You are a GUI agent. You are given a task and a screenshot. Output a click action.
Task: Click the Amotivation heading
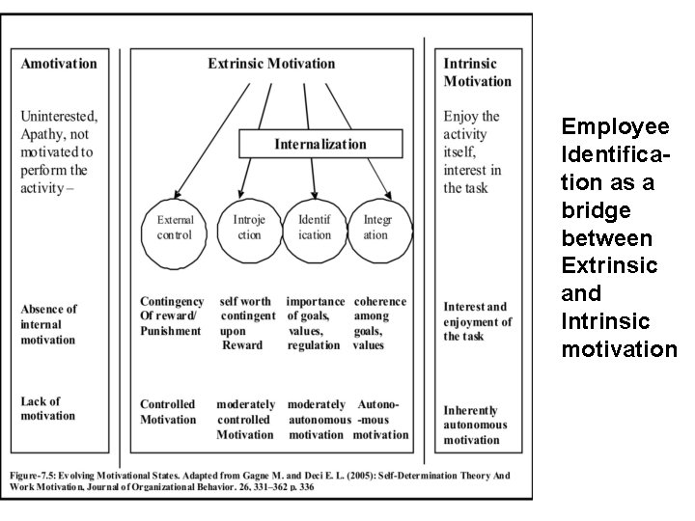coord(59,64)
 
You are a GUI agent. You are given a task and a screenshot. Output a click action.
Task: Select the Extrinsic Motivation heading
coord(271,64)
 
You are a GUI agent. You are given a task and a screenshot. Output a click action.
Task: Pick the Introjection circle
coord(248,227)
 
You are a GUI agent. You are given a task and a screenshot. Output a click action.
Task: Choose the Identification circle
coord(315,227)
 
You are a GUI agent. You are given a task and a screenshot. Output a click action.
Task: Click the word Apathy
coord(44,135)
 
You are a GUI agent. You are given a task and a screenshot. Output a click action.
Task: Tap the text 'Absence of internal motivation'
coord(48,324)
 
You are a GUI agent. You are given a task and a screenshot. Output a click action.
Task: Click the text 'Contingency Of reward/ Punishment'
coord(171,316)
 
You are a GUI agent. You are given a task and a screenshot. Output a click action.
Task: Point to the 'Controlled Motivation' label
coord(167,412)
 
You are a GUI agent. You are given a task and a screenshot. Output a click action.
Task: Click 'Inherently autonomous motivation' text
coord(475,425)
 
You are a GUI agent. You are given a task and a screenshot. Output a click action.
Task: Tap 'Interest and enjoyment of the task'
coord(477,321)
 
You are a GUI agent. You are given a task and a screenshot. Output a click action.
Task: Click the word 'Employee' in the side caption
coord(615,127)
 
